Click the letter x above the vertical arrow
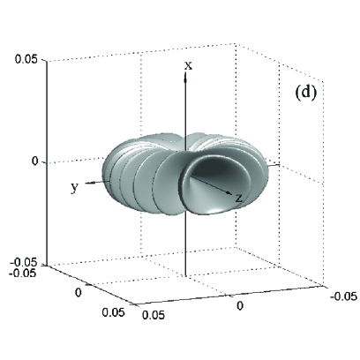click(x=188, y=66)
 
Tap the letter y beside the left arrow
click(x=75, y=188)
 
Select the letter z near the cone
click(x=239, y=199)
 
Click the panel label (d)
click(x=305, y=93)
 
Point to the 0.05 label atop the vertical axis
click(x=26, y=60)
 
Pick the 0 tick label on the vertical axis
click(x=35, y=161)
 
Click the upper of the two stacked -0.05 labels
click(x=24, y=263)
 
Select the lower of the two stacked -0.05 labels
click(x=23, y=273)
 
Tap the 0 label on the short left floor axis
click(x=79, y=292)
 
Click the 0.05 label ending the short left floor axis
click(x=114, y=312)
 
